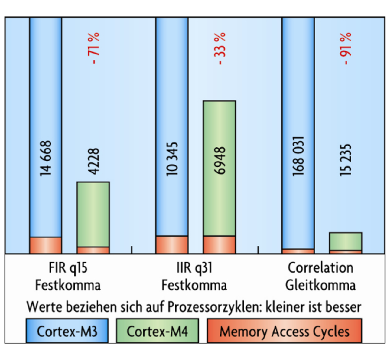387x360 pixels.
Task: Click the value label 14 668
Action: (x=46, y=158)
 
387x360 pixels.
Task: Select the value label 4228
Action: (x=93, y=161)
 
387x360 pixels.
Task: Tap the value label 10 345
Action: (x=172, y=159)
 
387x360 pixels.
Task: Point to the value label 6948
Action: (x=220, y=160)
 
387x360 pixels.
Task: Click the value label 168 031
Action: (x=298, y=156)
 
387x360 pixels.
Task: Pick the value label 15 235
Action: (x=346, y=160)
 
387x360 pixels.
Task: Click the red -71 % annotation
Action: (x=93, y=48)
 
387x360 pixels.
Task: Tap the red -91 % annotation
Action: (x=346, y=49)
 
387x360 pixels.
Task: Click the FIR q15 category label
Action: (x=68, y=268)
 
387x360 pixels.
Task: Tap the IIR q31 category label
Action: (x=194, y=268)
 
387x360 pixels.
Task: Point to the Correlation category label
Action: (x=320, y=268)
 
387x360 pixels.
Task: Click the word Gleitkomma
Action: (x=320, y=285)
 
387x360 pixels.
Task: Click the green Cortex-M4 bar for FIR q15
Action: (x=93, y=214)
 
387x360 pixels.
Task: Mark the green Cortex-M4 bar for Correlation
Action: (x=346, y=241)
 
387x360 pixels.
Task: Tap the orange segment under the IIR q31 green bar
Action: (x=220, y=245)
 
